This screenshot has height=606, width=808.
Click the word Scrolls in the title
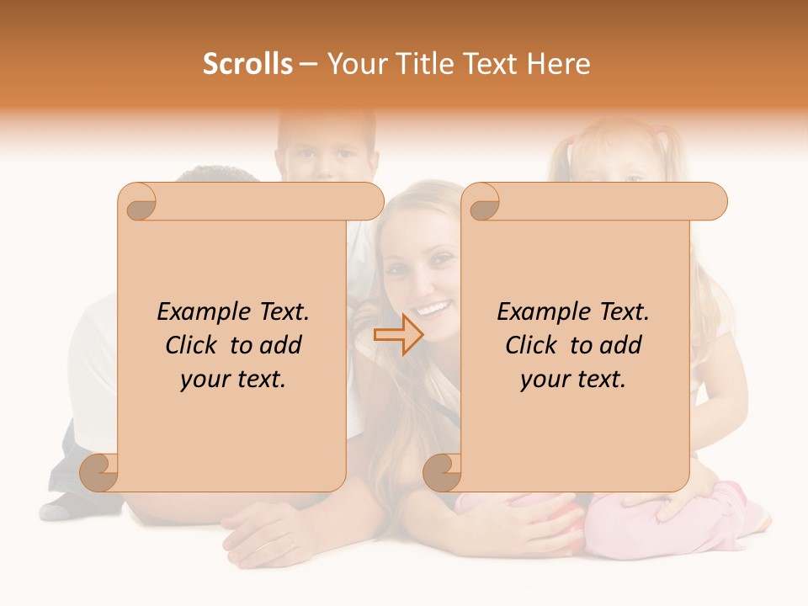click(247, 64)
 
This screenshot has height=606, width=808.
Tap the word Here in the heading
click(559, 64)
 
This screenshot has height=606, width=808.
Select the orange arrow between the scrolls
click(398, 335)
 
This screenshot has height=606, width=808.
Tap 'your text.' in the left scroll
click(233, 380)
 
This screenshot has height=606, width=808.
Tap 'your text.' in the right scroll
click(573, 380)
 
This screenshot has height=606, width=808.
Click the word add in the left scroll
click(281, 345)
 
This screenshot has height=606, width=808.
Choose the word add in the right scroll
click(621, 345)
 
